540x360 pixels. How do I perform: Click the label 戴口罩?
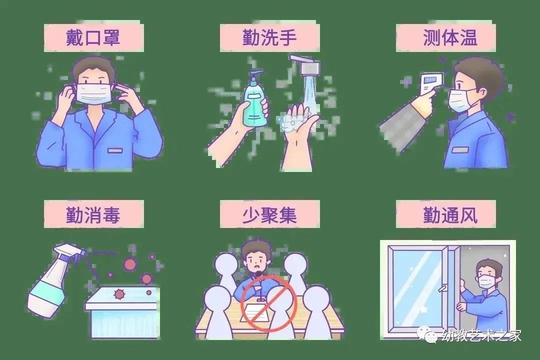tap(93, 37)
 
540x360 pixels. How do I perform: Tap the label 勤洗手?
tap(269, 37)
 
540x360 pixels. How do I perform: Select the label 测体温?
tap(450, 37)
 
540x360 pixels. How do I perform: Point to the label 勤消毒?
tap(93, 215)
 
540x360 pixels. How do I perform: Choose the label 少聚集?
tap(269, 215)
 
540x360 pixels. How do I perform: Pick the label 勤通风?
tap(450, 215)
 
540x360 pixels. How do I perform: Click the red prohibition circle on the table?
tap(268, 303)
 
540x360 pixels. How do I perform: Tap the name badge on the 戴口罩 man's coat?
tap(115, 150)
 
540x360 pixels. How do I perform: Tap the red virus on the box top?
tap(119, 294)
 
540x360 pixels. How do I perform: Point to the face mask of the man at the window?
tap(487, 281)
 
